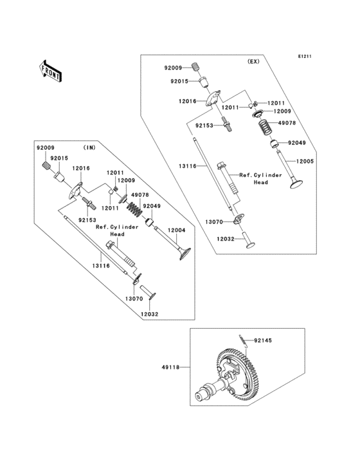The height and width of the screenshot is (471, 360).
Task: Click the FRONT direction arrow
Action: (x=50, y=70)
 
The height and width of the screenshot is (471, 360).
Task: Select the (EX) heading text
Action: (x=253, y=62)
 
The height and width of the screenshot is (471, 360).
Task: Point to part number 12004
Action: (x=177, y=230)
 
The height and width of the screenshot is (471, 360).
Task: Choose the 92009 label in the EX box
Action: (x=173, y=67)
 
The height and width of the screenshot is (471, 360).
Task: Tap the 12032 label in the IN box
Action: (x=149, y=314)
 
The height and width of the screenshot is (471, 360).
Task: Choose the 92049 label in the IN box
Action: (x=152, y=207)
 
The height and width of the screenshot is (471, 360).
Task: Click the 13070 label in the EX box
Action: (x=214, y=221)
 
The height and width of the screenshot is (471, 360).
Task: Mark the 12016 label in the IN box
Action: (x=81, y=168)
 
